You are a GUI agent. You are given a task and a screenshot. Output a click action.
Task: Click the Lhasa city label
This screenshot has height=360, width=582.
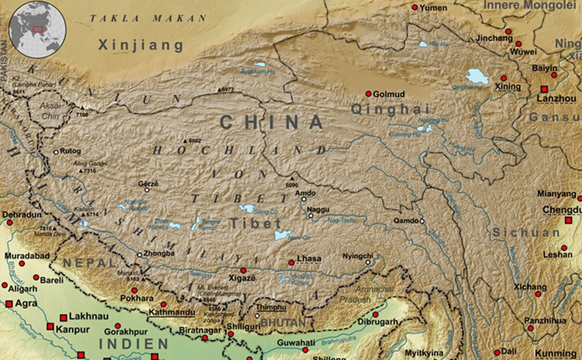pyautogui.click(x=309, y=260)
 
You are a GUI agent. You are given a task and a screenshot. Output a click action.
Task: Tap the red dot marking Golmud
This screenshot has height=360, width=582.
pyautogui.click(x=368, y=94)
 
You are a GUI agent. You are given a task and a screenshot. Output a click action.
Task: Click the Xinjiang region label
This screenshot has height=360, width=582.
pyautogui.click(x=141, y=46)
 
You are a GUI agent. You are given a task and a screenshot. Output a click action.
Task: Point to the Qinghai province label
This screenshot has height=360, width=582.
pyautogui.click(x=378, y=109)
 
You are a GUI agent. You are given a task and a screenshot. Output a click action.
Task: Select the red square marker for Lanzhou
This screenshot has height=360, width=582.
pyautogui.click(x=544, y=89)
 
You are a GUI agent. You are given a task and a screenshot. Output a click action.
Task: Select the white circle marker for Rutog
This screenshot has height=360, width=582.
pyautogui.click(x=56, y=152)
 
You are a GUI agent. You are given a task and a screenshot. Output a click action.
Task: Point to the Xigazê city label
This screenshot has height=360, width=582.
pyautogui.click(x=240, y=280)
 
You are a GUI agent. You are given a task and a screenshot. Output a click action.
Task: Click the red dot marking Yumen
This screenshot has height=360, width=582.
pyautogui.click(x=414, y=7)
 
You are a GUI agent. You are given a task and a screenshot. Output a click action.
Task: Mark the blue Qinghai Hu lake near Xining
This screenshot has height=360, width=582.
pyautogui.click(x=477, y=76)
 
